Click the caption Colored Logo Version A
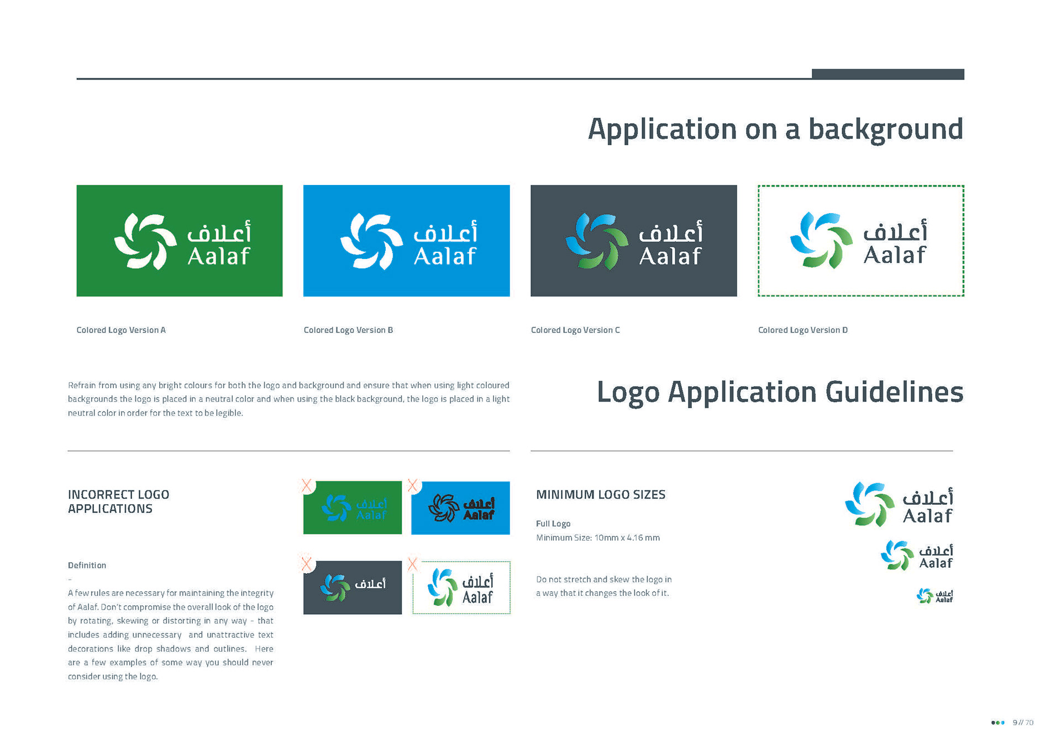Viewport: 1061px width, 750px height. [121, 330]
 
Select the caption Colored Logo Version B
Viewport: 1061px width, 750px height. [348, 330]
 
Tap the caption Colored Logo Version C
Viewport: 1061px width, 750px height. [575, 330]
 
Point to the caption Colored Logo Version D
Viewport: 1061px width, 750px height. [802, 330]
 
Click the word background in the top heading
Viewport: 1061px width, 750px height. [885, 130]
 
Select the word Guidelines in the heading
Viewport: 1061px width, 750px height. [894, 393]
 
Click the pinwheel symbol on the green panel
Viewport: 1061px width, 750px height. [145, 241]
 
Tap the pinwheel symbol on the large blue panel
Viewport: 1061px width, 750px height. [371, 241]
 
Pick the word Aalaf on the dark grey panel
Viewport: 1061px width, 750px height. [670, 256]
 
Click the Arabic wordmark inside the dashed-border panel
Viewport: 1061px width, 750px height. [895, 232]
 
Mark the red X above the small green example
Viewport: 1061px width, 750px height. [307, 486]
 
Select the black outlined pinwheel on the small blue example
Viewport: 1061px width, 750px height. [444, 508]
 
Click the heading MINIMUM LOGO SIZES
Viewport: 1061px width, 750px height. [601, 495]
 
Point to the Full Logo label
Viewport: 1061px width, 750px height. [553, 524]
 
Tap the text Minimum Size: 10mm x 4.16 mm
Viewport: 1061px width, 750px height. [598, 538]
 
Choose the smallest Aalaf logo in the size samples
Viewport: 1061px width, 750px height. [934, 596]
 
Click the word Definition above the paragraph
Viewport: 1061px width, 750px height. [87, 566]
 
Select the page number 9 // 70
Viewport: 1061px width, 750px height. [1022, 722]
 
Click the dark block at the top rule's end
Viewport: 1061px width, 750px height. [887, 74]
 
